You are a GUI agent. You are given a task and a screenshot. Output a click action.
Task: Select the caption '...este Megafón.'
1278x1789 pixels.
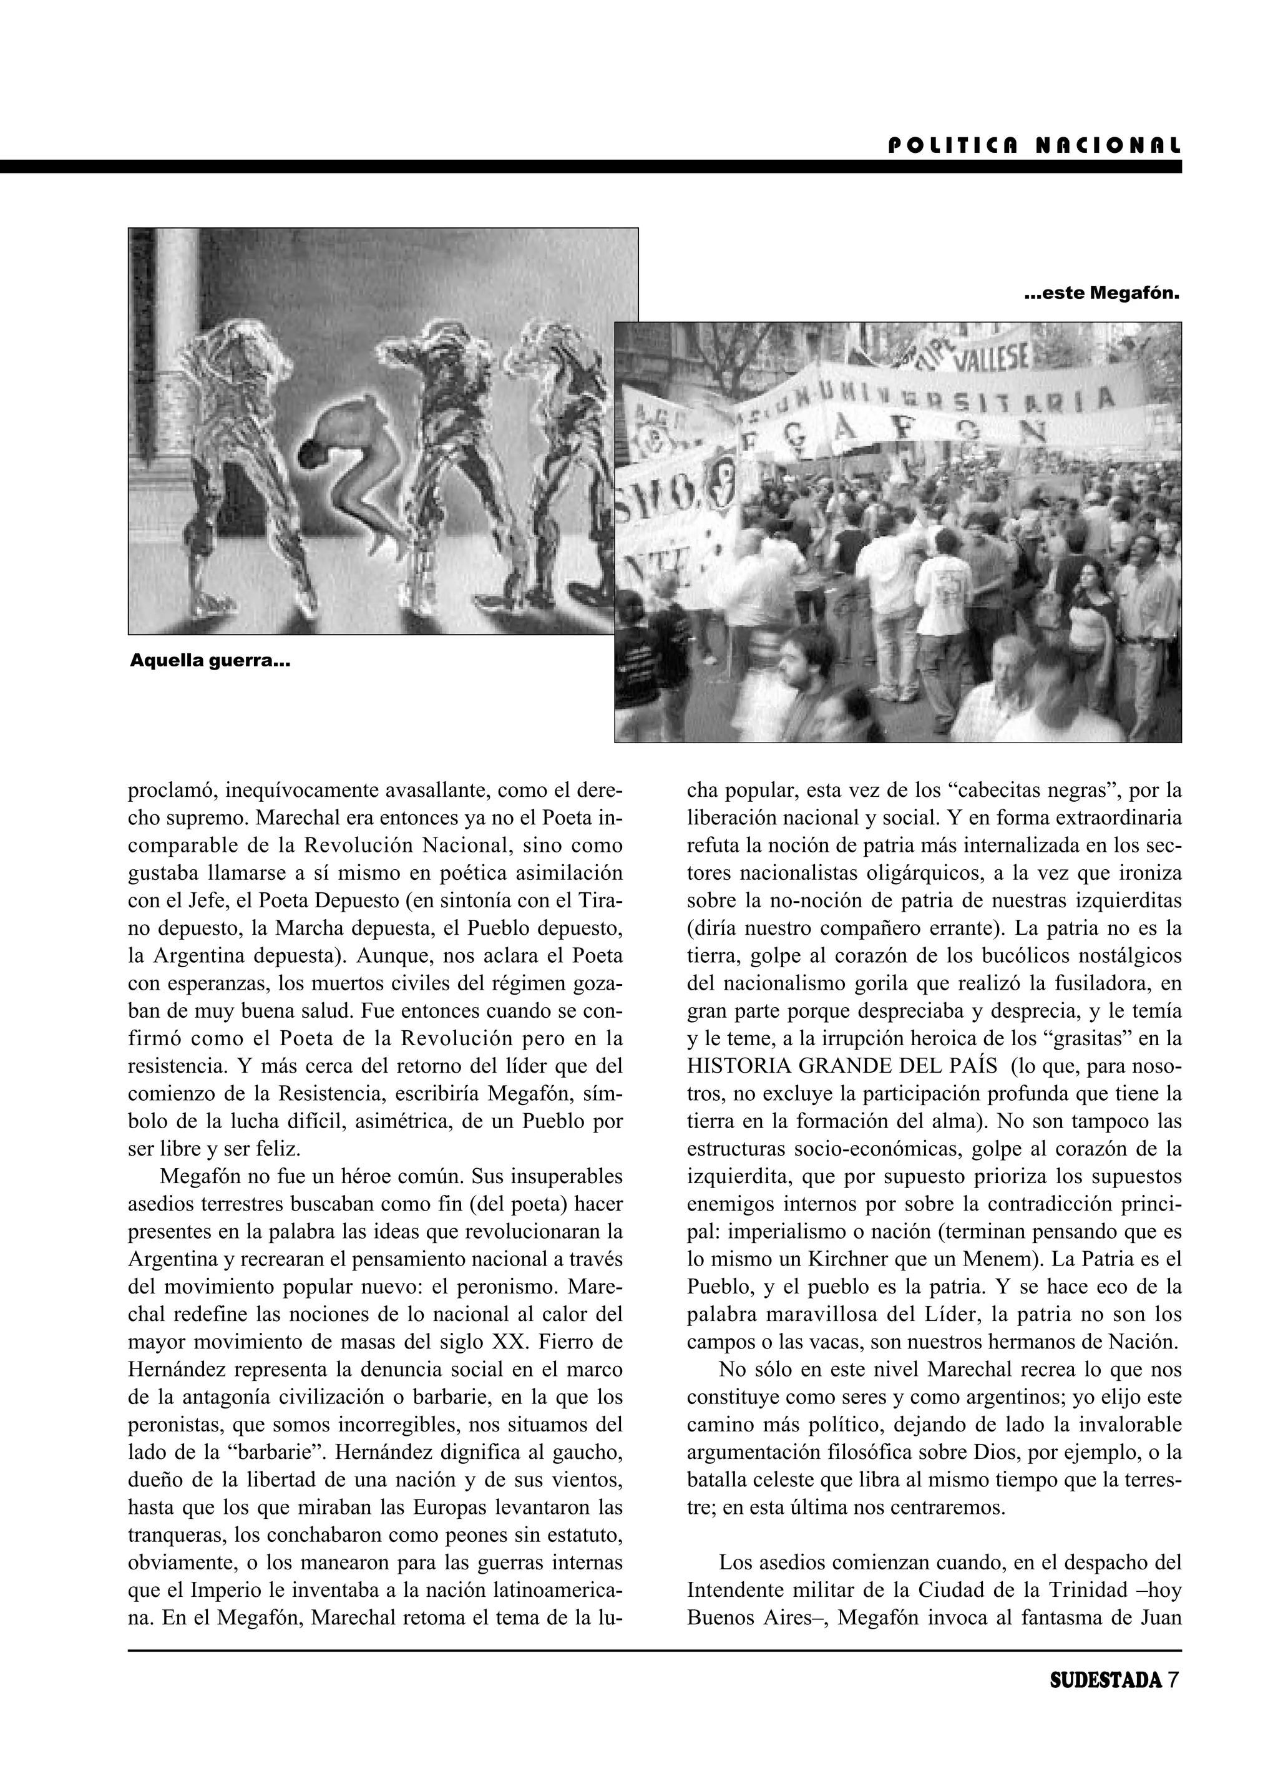pos(1103,295)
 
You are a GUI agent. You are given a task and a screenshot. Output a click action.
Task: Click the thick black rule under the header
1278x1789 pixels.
pos(590,167)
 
